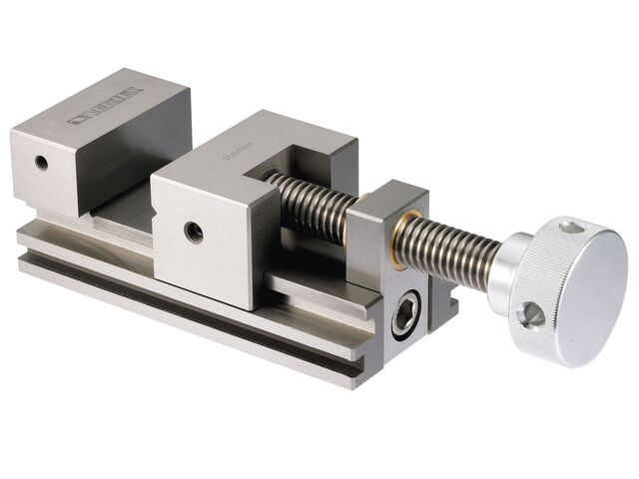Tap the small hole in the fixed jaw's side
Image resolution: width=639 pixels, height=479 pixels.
coord(40,161)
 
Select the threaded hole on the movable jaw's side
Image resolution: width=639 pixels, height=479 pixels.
coord(194,232)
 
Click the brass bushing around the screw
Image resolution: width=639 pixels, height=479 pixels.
coord(399,239)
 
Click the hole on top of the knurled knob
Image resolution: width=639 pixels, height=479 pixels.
coord(570,228)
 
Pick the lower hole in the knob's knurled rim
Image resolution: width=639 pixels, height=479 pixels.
coord(529,314)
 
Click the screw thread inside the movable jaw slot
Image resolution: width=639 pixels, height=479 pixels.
coord(310,200)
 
